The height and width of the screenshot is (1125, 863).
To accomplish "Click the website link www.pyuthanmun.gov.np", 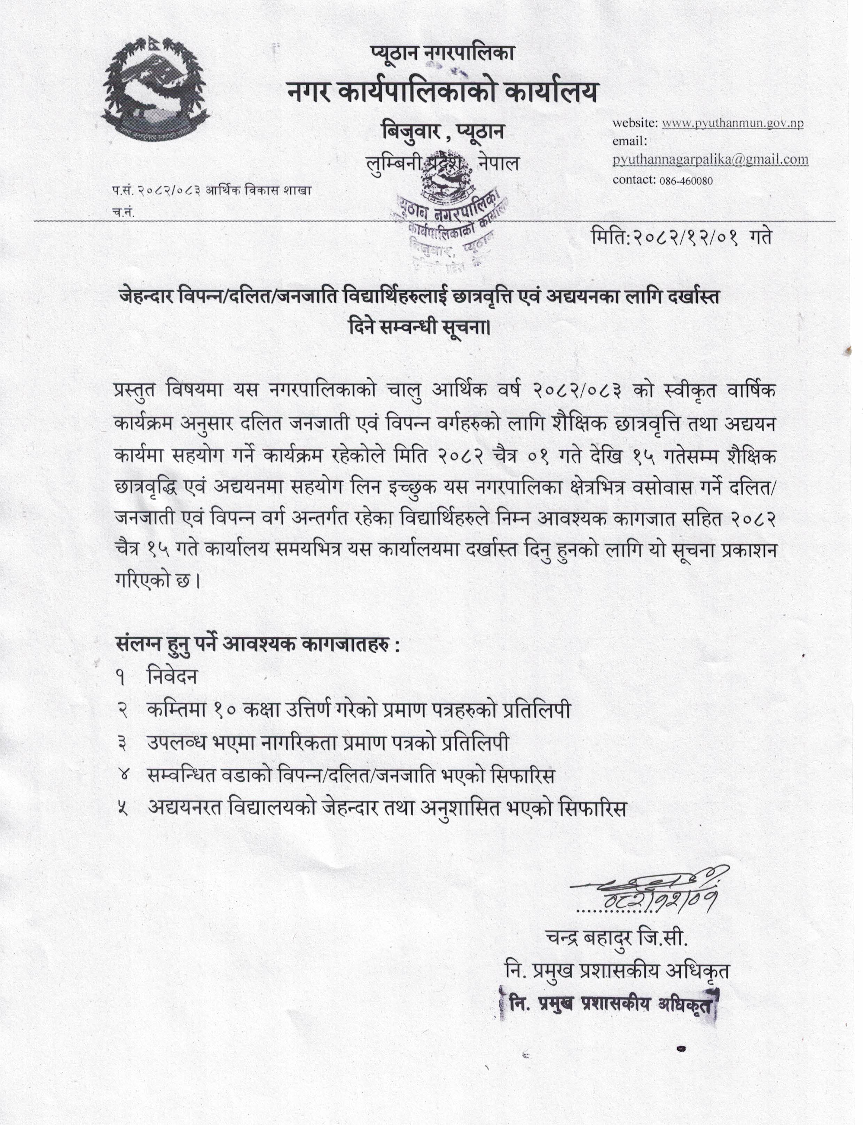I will [732, 123].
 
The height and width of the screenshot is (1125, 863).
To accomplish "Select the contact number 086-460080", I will [685, 180].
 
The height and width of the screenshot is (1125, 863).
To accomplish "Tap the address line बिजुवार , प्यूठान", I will [442, 131].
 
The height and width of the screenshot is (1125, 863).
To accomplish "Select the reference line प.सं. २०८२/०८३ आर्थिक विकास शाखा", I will [212, 190].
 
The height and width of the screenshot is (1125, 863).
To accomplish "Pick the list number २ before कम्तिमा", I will [122, 711].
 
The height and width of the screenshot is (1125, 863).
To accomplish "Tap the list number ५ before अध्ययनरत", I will [122, 809].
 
